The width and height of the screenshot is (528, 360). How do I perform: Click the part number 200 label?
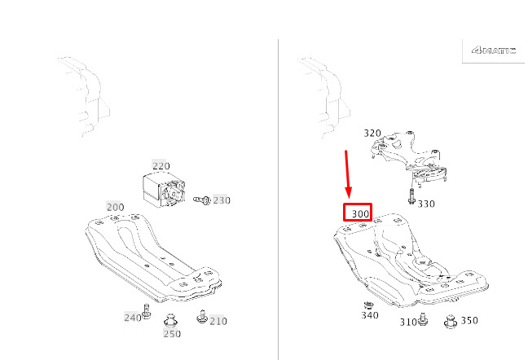[115, 207]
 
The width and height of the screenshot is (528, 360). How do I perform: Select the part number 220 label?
[161, 166]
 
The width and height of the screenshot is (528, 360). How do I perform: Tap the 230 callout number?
[222, 200]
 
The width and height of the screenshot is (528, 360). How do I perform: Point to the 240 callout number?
[133, 318]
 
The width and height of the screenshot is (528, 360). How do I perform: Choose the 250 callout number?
[172, 334]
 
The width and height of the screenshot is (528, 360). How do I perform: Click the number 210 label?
[218, 321]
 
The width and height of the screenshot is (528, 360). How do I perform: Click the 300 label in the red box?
[360, 213]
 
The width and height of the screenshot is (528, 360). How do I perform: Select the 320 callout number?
[372, 134]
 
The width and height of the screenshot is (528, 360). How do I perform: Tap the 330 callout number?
[426, 204]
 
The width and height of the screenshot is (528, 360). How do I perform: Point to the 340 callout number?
[370, 315]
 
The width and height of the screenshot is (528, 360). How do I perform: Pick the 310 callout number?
[408, 323]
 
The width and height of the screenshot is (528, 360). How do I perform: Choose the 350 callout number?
[469, 320]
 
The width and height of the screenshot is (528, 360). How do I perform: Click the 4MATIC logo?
[494, 50]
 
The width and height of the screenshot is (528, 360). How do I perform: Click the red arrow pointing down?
[347, 174]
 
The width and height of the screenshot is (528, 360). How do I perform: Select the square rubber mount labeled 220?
[164, 189]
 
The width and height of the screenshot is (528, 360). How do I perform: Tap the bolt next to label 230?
[202, 200]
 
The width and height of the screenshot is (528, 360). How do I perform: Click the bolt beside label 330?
[411, 196]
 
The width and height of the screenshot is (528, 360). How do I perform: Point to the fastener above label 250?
[170, 320]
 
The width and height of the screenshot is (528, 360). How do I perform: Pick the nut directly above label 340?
[369, 305]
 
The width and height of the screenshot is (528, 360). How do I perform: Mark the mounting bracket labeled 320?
[409, 157]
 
